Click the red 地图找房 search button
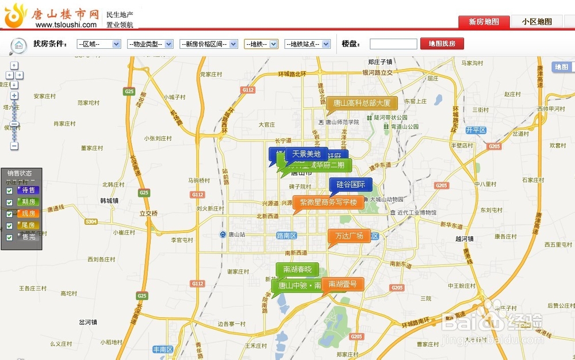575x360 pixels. (442, 44)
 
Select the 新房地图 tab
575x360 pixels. (484, 22)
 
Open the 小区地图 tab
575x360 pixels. (537, 22)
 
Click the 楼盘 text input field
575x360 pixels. (393, 44)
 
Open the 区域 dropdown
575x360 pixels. (98, 44)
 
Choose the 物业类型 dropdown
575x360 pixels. (151, 44)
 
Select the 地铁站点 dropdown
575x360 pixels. (308, 44)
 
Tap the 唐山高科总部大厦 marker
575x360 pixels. (362, 104)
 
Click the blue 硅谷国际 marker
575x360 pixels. (351, 185)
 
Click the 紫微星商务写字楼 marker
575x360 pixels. (328, 202)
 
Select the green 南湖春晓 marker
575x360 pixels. (297, 269)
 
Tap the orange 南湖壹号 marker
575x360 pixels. (343, 284)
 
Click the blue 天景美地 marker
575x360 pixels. (306, 154)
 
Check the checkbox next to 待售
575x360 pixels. (9, 191)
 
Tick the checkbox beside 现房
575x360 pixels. (9, 214)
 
